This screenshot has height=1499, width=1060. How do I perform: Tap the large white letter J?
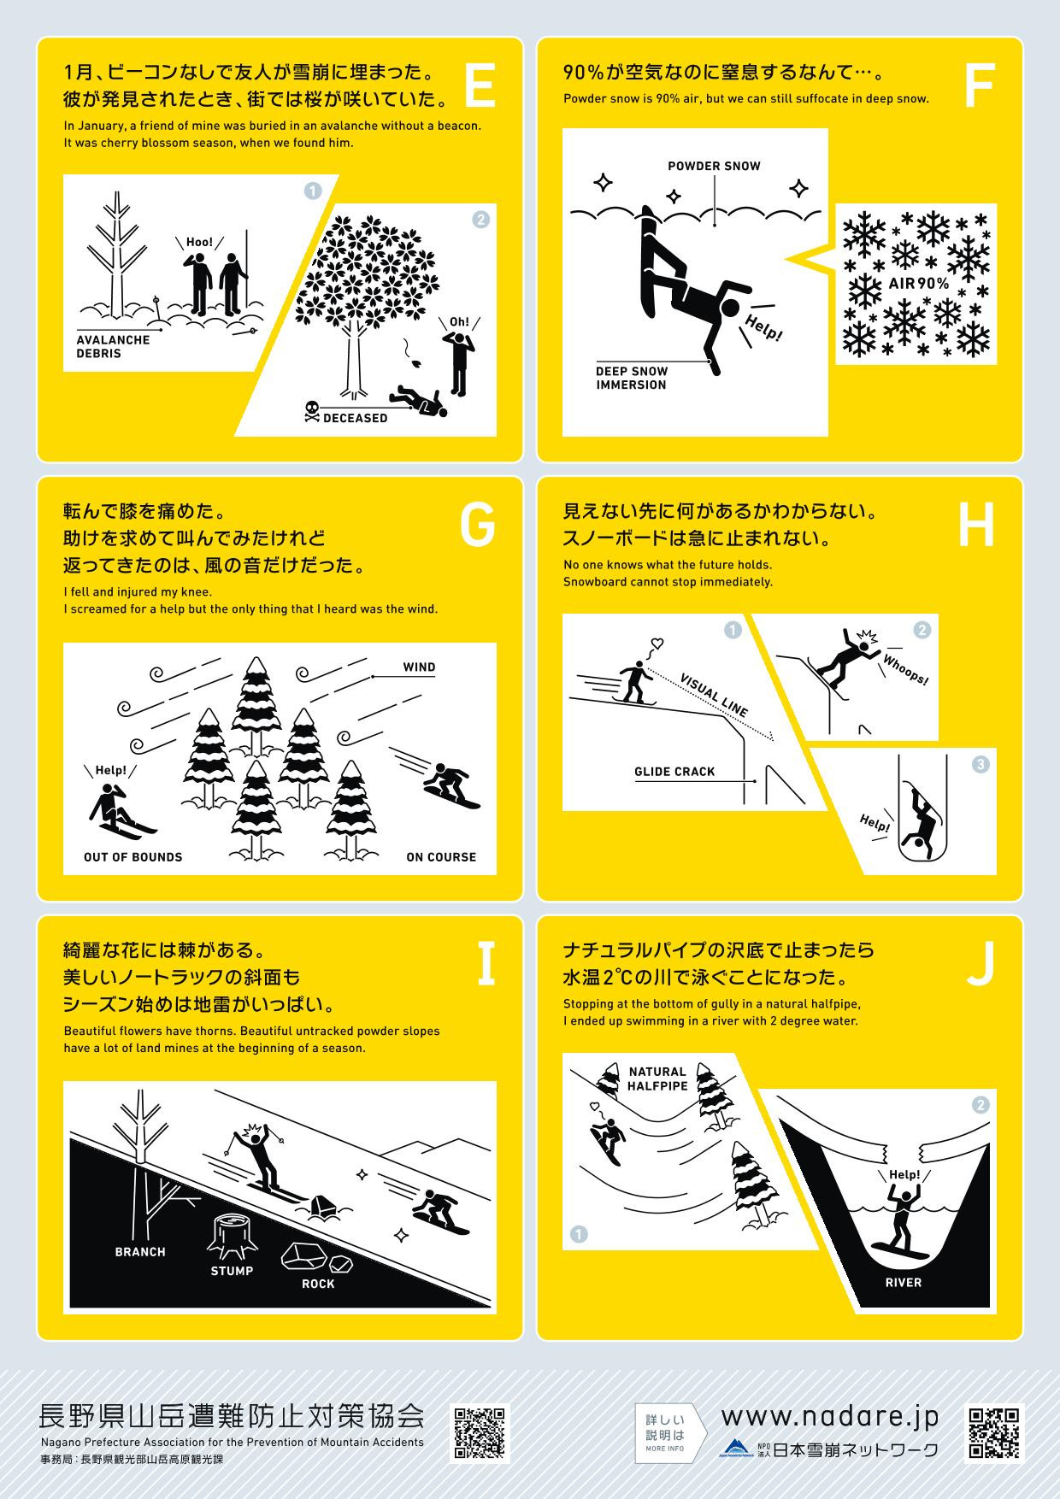coord(980,964)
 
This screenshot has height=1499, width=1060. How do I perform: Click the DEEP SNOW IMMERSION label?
coord(632,378)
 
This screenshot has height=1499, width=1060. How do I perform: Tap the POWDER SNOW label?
coord(714,167)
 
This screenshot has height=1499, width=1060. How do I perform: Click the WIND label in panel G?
coord(419,667)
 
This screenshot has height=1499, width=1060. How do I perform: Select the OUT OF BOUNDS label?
coord(132,856)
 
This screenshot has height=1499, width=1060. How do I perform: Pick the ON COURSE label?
coord(441,856)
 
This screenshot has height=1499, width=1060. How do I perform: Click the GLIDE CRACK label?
coord(674,772)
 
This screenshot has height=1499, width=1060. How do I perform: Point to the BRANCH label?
coord(140,1252)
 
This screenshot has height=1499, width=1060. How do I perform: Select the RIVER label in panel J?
coord(904,1282)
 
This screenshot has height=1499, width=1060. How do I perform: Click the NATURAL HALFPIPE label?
coord(657,1079)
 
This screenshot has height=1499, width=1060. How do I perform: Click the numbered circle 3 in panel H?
coord(980,764)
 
